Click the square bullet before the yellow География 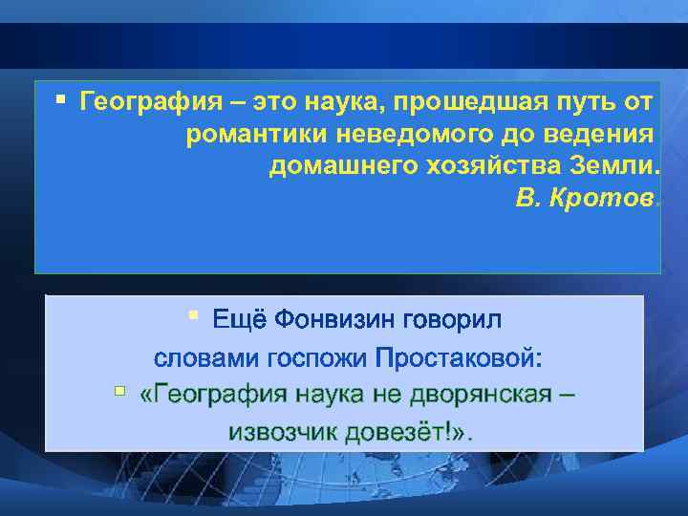click(x=61, y=98)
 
